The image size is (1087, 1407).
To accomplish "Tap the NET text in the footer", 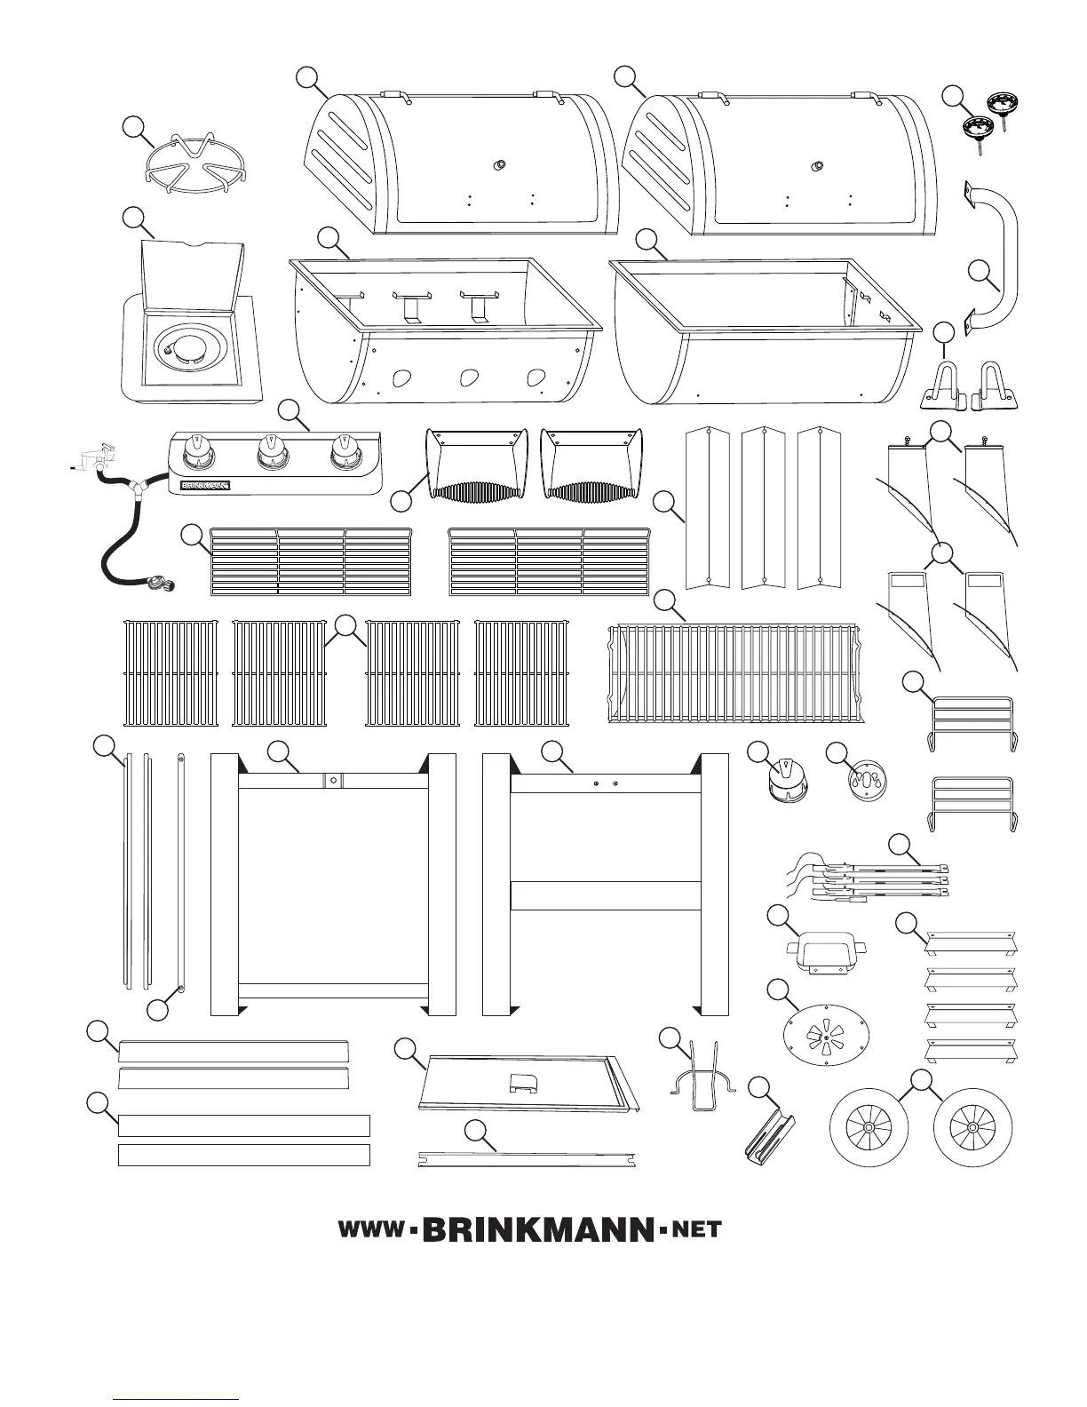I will [x=697, y=1231].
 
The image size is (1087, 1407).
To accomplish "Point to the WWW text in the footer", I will [x=370, y=1231].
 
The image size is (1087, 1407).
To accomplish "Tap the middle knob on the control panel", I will [x=271, y=454].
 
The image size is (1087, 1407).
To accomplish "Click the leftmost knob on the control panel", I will [x=198, y=454].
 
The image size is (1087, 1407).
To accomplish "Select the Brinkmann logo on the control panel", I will [x=206, y=486].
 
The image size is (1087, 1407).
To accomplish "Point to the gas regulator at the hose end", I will [x=161, y=583].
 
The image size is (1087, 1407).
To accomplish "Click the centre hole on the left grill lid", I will [x=500, y=164].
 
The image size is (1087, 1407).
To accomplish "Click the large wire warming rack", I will [x=734, y=672].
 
